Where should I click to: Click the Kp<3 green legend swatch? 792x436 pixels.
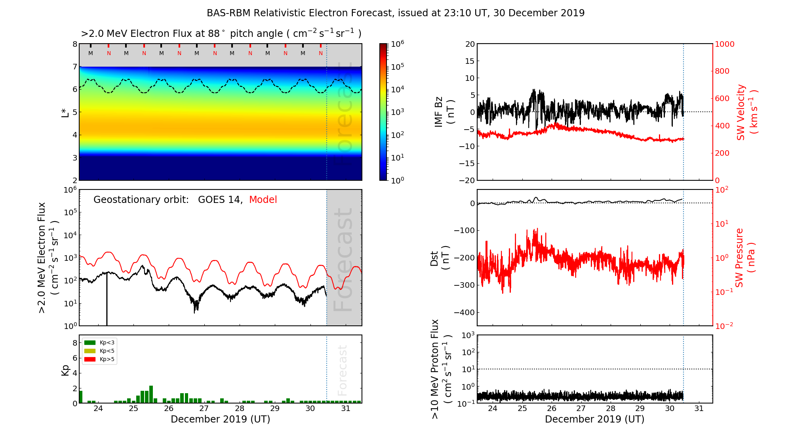point(90,342)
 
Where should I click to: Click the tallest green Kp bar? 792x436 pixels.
point(151,394)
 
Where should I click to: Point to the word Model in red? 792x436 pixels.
point(263,200)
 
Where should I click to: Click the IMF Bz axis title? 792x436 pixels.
point(444,112)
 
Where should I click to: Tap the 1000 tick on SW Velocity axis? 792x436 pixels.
point(724,44)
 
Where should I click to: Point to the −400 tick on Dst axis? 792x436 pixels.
point(464,312)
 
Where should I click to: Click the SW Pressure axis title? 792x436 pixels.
point(745,258)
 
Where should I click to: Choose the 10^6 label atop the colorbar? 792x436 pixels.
point(398,44)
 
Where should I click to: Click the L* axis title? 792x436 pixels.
point(65,112)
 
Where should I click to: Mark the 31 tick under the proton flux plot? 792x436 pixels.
point(699,409)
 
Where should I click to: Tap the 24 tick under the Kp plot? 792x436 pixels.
point(98,409)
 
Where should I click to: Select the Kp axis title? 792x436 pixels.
point(65,370)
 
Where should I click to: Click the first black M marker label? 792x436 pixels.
point(91,53)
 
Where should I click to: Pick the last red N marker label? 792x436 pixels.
point(321,53)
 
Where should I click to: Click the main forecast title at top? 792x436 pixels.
point(396,13)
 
